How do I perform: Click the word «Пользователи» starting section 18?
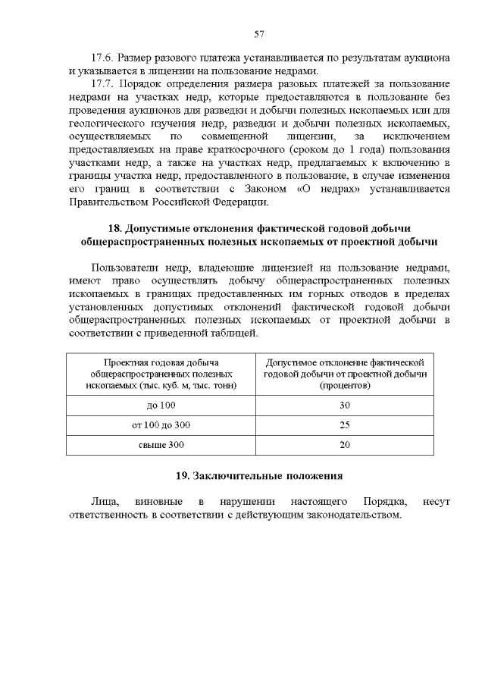127,268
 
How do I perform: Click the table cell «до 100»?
161,405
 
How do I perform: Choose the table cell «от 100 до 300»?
161,424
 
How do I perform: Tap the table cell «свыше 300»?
161,444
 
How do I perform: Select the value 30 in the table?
345,405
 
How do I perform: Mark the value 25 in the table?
345,424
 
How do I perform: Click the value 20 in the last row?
345,444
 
